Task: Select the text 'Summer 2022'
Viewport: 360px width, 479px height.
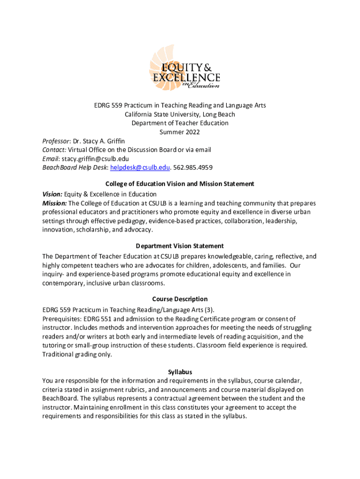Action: point(180,132)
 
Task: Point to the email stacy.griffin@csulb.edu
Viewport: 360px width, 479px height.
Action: point(92,159)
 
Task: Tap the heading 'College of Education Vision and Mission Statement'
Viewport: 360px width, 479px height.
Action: point(180,184)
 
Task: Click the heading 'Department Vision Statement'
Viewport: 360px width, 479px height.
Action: point(180,246)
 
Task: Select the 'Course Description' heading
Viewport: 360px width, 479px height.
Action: point(180,299)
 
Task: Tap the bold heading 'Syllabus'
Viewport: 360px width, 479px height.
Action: point(180,372)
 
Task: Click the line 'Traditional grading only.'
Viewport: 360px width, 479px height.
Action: point(77,354)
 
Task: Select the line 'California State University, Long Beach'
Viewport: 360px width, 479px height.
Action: point(180,114)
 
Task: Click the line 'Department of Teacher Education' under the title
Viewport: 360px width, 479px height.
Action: point(180,123)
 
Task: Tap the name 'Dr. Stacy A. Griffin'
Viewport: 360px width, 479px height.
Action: point(99,141)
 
